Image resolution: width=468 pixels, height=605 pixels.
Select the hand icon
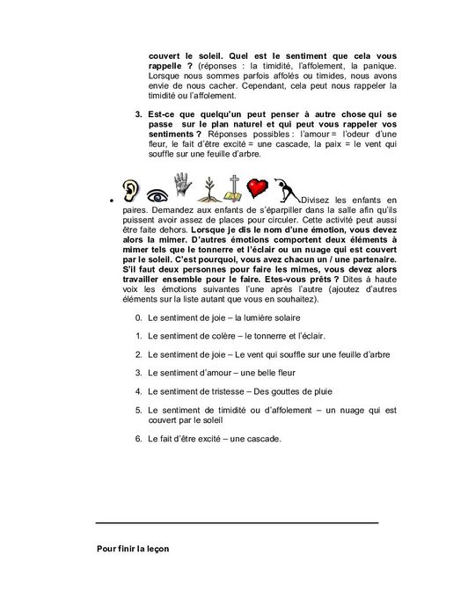pyautogui.click(x=182, y=186)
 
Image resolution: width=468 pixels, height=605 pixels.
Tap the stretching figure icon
pyautogui.click(x=286, y=189)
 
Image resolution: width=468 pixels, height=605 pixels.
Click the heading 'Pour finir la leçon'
pyautogui.click(x=132, y=548)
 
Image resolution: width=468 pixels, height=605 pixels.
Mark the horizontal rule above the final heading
pyautogui.click(x=238, y=523)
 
